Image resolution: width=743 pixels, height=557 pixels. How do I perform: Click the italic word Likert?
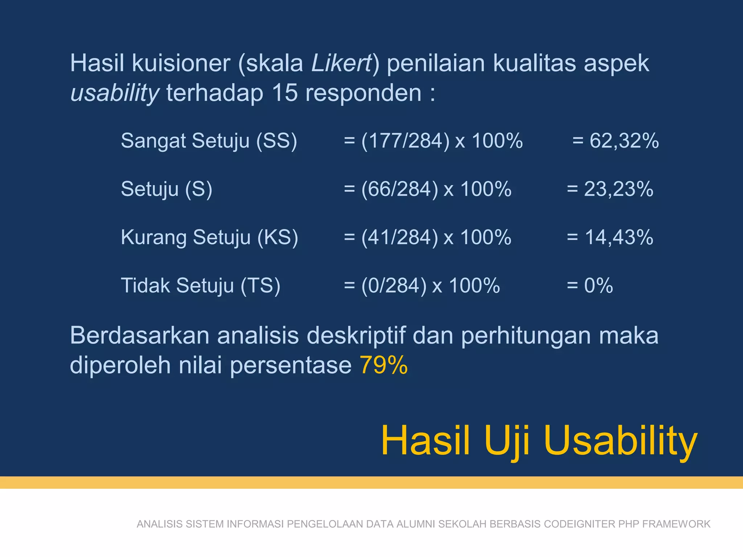(341, 63)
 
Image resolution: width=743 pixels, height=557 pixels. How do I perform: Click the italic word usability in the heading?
(115, 93)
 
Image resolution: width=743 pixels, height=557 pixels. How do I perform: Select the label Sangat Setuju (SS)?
(209, 141)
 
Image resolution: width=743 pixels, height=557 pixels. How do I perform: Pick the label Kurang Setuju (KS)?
(209, 237)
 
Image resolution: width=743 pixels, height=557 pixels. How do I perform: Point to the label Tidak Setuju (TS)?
(201, 285)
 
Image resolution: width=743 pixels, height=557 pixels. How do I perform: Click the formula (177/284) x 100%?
(442, 141)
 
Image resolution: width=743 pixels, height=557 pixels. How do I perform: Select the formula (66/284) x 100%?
(436, 189)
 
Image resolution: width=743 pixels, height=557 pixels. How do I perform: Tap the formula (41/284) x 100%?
(436, 237)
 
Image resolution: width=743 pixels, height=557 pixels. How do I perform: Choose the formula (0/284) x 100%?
(431, 285)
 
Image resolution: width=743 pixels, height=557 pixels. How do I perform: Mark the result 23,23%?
(619, 189)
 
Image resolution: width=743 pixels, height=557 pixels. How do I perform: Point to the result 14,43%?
(619, 237)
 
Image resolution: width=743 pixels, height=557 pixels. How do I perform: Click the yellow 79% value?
(383, 365)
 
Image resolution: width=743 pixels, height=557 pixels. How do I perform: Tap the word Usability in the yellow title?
(620, 441)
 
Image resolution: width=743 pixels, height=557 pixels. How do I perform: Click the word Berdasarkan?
(140, 335)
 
